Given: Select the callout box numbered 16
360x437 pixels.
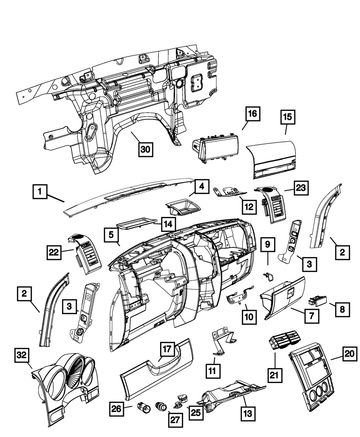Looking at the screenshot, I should (252, 114).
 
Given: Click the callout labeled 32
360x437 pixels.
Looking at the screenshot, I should (22, 356).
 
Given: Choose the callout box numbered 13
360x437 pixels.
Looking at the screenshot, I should (248, 411).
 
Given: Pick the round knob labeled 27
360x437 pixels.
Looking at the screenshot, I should (162, 406).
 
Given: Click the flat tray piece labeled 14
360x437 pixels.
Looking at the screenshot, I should (139, 222).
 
